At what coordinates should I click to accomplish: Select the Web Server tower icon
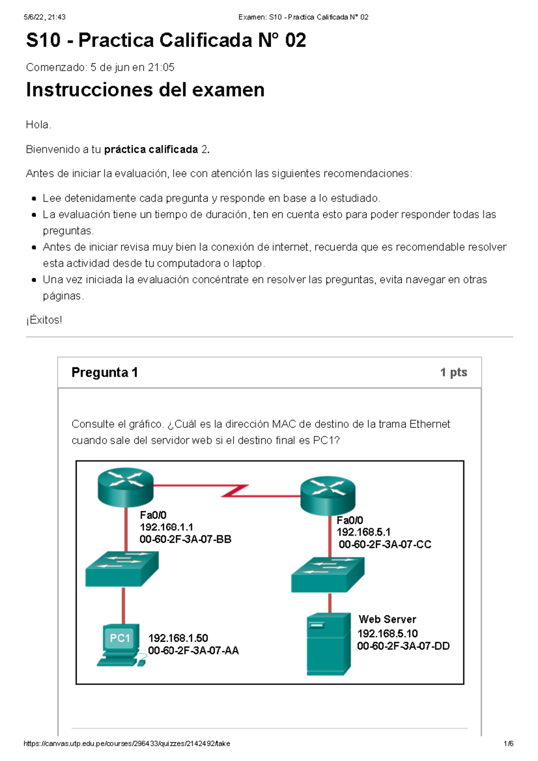(x=328, y=644)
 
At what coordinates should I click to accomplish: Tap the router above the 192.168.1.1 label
(x=126, y=486)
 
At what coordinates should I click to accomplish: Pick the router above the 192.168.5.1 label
(x=328, y=495)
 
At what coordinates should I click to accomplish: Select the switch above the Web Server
(x=328, y=575)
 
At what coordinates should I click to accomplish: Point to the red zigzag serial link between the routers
(x=234, y=491)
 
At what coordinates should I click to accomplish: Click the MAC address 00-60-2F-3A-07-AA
(x=193, y=650)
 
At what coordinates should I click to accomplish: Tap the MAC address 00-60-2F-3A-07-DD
(x=403, y=646)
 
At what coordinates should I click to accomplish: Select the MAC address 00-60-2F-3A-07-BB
(x=185, y=539)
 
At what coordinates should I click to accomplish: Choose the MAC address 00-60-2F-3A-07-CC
(x=385, y=545)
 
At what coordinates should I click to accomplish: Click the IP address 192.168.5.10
(x=387, y=633)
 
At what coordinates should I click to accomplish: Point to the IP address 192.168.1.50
(x=178, y=638)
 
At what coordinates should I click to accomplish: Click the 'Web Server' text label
(x=387, y=619)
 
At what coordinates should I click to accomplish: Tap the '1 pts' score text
(x=453, y=372)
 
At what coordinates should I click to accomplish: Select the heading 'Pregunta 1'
(x=104, y=372)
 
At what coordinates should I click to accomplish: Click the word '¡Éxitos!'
(x=44, y=320)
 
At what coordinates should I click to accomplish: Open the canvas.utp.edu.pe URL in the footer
(x=127, y=744)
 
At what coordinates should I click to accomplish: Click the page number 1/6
(x=508, y=744)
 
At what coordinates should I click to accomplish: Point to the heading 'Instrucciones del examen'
(x=145, y=90)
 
